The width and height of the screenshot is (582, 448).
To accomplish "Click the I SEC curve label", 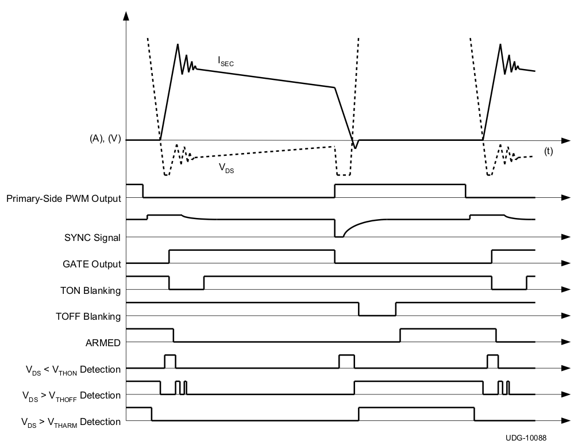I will [225, 60].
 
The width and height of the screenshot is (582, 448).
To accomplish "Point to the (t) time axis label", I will [548, 152].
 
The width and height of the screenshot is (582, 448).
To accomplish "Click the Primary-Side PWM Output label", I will [64, 199].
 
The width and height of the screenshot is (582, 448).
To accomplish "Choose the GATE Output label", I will [92, 264].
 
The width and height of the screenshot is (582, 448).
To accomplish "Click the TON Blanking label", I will [90, 290].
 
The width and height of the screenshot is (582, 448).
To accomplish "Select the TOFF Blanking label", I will [88, 316].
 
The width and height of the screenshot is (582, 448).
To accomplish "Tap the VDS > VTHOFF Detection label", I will [71, 396].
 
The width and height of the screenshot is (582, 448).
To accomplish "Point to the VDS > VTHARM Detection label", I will [71, 422].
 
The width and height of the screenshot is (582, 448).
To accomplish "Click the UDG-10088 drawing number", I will [526, 438].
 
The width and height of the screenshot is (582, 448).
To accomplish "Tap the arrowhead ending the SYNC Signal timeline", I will [566, 236].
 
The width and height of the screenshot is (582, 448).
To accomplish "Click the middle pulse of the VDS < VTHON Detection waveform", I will [346, 362].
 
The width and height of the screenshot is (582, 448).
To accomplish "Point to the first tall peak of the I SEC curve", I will [178, 44].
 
